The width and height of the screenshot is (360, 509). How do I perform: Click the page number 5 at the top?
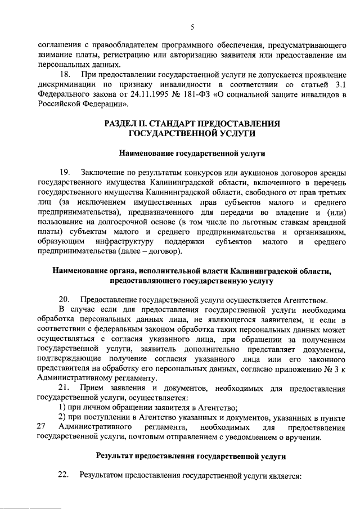(x=192, y=27)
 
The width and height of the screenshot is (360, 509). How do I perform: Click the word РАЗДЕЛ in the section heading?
(x=122, y=123)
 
